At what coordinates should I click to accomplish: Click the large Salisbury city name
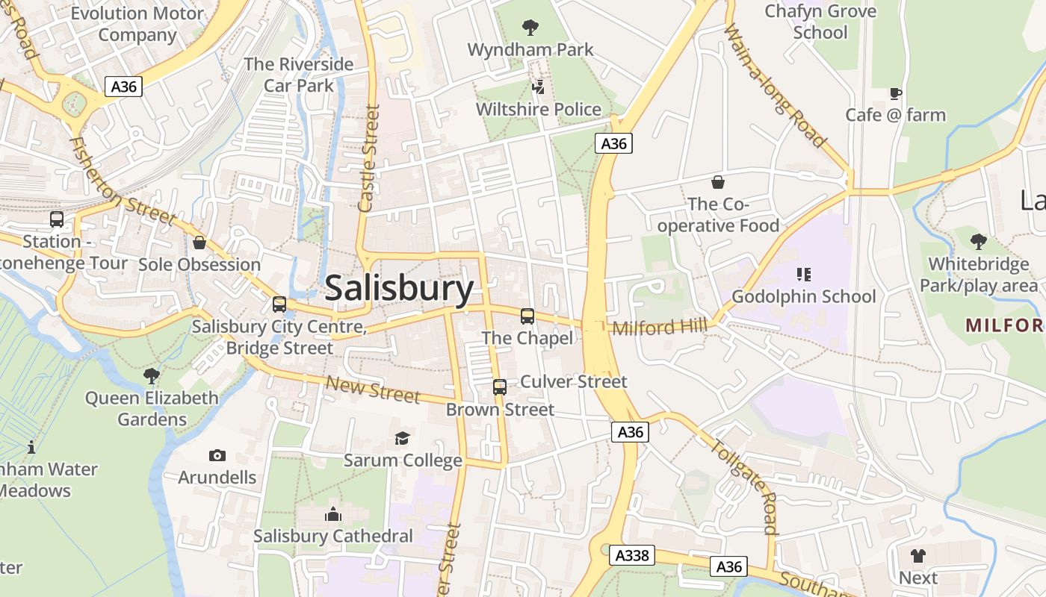click(399, 288)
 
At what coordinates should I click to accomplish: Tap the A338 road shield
click(631, 555)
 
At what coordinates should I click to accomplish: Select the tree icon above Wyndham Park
click(530, 28)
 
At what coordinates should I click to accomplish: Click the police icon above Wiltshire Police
click(538, 87)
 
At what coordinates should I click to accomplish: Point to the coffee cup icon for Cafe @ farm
click(895, 93)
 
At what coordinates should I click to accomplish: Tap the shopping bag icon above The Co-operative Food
click(717, 182)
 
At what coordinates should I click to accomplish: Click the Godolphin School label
click(803, 296)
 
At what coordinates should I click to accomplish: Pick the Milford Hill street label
click(660, 328)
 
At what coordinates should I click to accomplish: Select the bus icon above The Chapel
click(527, 316)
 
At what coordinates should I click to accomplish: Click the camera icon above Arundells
click(217, 455)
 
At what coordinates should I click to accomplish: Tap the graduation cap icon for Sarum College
click(403, 438)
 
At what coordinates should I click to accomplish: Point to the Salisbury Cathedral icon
click(332, 514)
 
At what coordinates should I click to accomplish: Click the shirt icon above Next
click(917, 556)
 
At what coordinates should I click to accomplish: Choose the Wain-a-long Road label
click(776, 86)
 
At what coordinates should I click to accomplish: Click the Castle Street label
click(368, 158)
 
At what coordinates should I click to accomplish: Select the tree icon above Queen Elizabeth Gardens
click(152, 375)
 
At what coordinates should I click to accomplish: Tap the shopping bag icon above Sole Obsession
click(199, 243)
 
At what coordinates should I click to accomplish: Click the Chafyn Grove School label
click(820, 22)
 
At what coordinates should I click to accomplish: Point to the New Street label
click(373, 390)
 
